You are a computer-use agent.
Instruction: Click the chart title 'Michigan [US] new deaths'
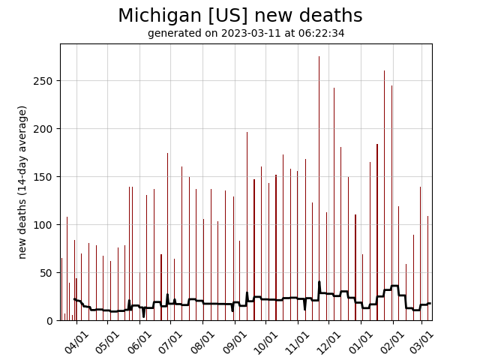240,16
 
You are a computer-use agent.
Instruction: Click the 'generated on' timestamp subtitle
246,33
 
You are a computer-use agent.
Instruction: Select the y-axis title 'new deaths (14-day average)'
22,182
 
